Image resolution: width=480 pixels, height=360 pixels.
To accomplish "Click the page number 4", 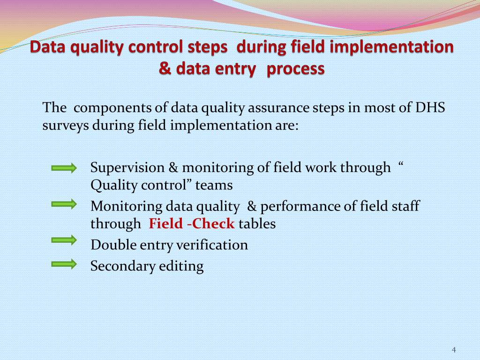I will [x=454, y=350].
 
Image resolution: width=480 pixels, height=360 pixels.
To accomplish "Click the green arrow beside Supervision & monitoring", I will [x=64, y=168].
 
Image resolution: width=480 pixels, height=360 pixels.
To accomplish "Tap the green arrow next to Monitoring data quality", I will [x=64, y=203].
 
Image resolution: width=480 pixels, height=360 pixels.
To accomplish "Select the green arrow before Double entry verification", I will [x=64, y=240].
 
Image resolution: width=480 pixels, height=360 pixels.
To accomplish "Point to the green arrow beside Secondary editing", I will [x=64, y=263].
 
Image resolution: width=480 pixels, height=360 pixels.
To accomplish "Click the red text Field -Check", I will [x=192, y=224].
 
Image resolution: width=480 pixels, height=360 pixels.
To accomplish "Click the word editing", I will [x=181, y=266].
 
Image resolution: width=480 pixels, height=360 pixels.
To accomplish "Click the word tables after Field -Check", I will [x=257, y=224].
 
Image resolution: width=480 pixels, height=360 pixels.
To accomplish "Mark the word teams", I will [x=214, y=185].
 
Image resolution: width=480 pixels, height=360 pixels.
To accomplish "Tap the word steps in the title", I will [x=207, y=48].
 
